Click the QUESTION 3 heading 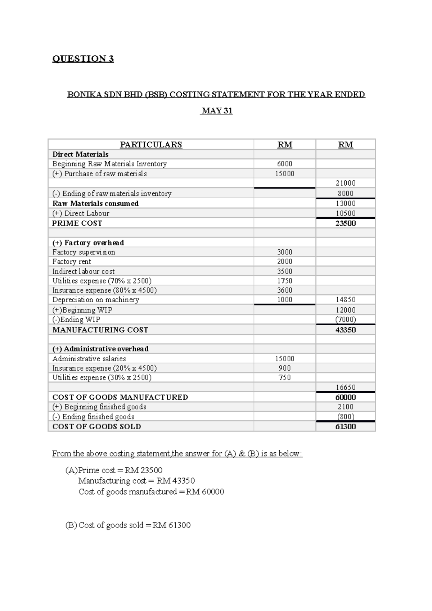click(83, 59)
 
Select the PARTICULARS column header click(151, 145)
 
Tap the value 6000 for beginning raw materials click(284, 164)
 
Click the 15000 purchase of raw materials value click(284, 174)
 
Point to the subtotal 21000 click(345, 183)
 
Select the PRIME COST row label click(77, 223)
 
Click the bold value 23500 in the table click(345, 223)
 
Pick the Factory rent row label click(72, 262)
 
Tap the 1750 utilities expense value click(284, 281)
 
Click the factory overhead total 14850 click(345, 300)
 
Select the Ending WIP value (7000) click(345, 320)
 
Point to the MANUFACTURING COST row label click(100, 330)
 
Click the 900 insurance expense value click(284, 368)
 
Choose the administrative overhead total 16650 click(345, 388)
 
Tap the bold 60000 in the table click(345, 397)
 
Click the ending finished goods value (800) click(345, 417)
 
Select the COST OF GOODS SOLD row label click(96, 426)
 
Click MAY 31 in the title click(217, 111)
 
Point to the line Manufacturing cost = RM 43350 click(136, 481)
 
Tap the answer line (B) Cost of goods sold click(128, 525)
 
